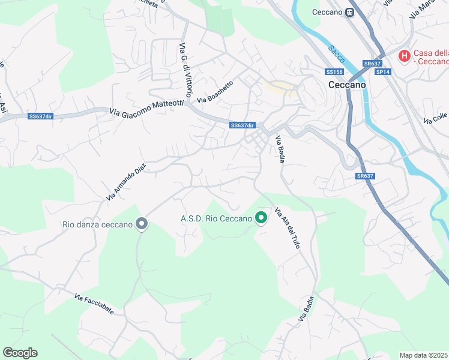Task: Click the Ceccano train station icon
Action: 349,12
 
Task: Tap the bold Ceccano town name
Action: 347,85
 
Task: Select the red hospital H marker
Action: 405,56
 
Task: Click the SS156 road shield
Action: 334,72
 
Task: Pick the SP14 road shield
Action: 382,72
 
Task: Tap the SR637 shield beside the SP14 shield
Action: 372,63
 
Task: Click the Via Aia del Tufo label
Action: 287,229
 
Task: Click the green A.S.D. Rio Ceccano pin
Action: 261,218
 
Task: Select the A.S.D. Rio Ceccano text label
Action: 216,218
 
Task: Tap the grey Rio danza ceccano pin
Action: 142,224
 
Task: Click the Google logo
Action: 20,353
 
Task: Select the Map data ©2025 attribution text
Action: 424,355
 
